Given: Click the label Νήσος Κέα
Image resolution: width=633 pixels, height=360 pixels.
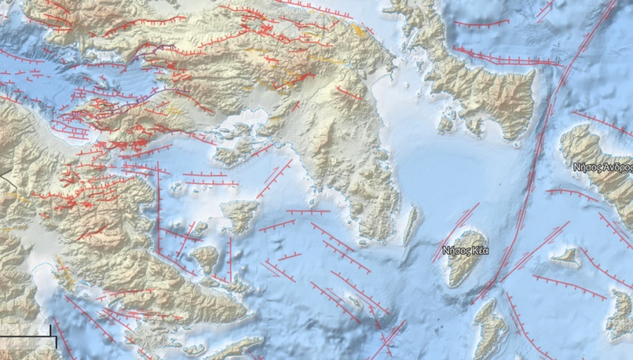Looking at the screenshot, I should click(465, 251).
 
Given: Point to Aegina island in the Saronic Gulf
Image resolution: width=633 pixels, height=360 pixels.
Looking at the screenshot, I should click(240, 215).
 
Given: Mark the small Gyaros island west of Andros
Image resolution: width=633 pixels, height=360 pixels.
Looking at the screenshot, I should click(565, 257).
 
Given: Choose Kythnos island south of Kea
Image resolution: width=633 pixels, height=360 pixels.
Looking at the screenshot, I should click(489, 328).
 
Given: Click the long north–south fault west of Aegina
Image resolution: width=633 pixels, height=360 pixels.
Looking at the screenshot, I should click(158, 211).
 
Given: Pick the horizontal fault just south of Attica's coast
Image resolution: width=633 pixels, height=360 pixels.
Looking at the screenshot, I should click(308, 211).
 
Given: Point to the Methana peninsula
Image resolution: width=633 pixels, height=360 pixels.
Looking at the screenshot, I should click(206, 258).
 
